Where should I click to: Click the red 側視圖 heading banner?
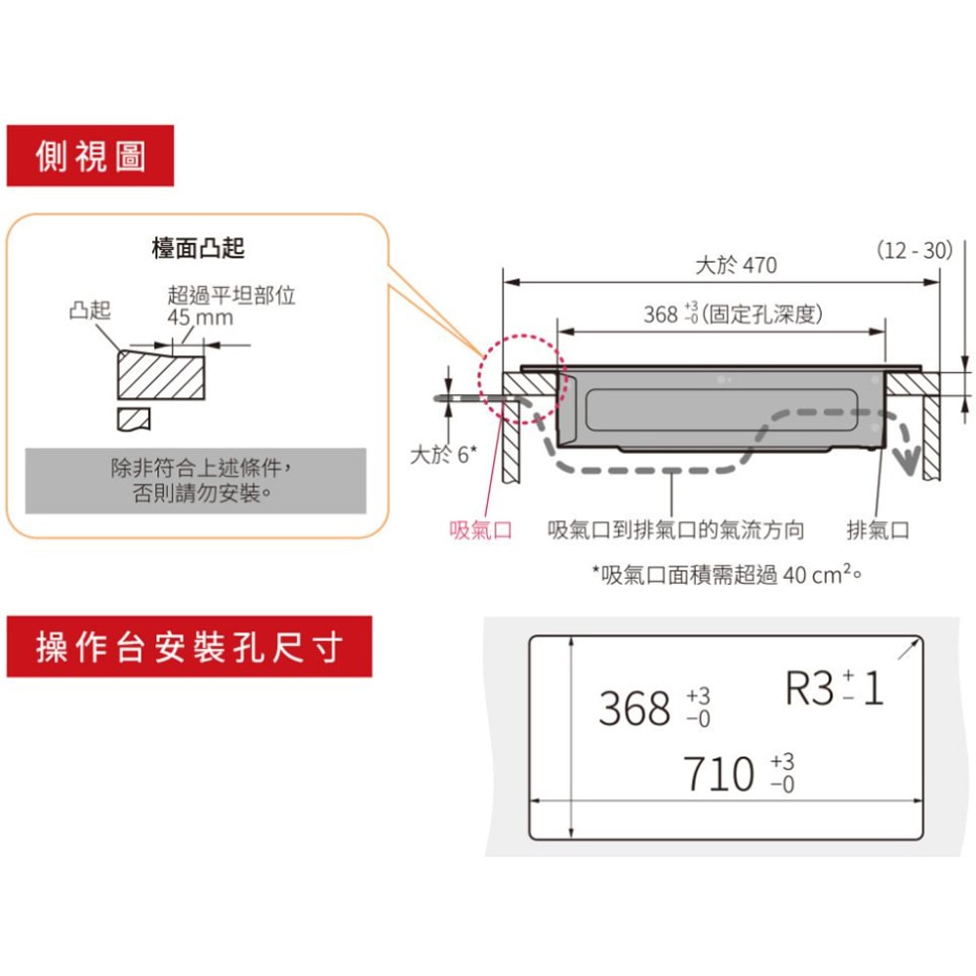click(x=90, y=155)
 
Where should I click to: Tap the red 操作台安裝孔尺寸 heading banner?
click(x=189, y=647)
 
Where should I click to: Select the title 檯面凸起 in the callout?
click(x=198, y=248)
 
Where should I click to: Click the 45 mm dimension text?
click(x=200, y=317)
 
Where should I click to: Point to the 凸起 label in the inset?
click(x=90, y=309)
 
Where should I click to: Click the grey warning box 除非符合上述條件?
click(x=195, y=480)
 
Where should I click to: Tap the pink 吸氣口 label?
click(x=480, y=530)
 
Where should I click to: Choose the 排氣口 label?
click(x=877, y=530)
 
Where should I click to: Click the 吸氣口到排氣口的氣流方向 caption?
click(x=676, y=530)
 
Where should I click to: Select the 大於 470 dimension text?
click(x=736, y=265)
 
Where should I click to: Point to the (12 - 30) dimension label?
click(x=915, y=250)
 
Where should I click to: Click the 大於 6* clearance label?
click(x=443, y=455)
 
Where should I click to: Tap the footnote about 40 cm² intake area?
click(x=727, y=574)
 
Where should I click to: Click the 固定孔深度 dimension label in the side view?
click(x=762, y=314)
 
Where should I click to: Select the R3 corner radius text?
click(x=834, y=688)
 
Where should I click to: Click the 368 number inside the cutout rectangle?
click(x=635, y=709)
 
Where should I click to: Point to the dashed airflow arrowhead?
click(x=908, y=460)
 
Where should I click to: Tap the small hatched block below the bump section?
click(x=134, y=420)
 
